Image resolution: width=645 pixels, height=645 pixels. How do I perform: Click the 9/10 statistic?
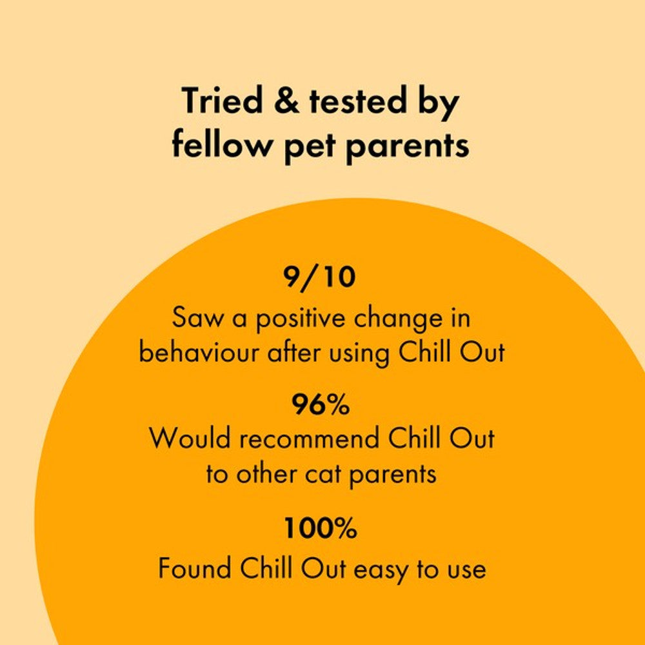tap(320, 277)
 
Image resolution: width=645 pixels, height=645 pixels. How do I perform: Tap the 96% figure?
tap(321, 405)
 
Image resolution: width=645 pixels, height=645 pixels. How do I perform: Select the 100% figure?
tap(321, 529)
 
